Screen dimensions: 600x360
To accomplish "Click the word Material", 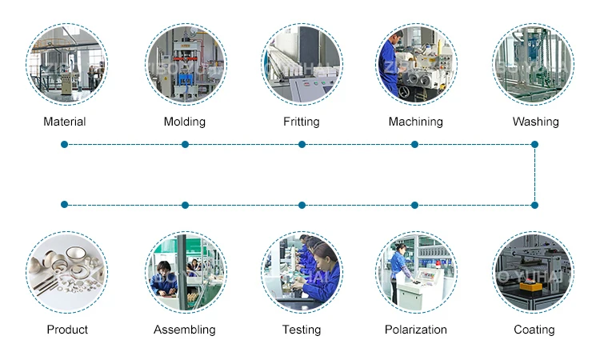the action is click(65, 122).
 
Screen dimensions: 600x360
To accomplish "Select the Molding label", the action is click(185, 122).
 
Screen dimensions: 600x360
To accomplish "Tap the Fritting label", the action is click(302, 122).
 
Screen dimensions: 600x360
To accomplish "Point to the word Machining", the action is click(415, 122).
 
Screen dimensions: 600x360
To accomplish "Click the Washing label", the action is click(535, 122).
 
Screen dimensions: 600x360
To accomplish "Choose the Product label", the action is click(67, 330).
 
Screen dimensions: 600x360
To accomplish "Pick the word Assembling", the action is click(185, 330).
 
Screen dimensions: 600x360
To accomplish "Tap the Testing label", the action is click(302, 330).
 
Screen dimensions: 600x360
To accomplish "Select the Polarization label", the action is click(416, 330).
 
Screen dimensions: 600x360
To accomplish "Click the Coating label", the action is click(534, 330).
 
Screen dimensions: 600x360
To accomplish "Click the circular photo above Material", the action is click(66, 64).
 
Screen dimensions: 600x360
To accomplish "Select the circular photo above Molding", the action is click(186, 64).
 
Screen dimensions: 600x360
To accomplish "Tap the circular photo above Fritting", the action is click(302, 64).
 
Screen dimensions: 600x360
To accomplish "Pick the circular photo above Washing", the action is click(533, 64).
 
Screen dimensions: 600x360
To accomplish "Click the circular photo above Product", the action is click(66, 272).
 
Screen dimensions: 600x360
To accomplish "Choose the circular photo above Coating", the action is click(533, 272).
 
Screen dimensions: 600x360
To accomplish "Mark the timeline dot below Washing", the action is click(534, 145).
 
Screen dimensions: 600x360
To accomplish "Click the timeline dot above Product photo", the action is click(64, 205).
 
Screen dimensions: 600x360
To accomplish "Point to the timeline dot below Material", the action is click(64, 145).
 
